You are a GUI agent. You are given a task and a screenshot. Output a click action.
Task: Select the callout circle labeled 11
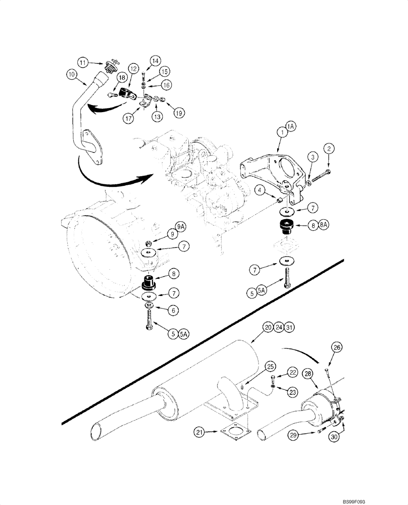coord(84,62)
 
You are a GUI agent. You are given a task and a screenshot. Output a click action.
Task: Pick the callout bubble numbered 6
coord(172,311)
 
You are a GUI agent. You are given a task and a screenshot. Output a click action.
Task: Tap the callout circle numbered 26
coord(337,347)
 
